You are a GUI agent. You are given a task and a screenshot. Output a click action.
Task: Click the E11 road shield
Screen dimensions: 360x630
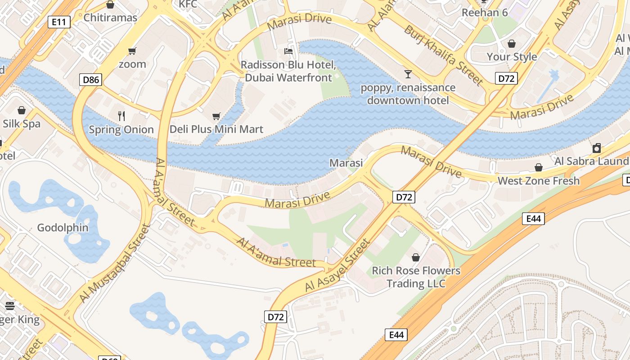59,22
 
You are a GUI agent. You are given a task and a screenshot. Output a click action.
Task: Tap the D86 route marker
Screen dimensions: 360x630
91,80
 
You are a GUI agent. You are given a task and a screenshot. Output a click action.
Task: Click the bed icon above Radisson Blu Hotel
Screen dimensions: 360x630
288,51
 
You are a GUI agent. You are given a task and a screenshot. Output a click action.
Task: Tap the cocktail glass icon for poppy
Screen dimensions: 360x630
408,74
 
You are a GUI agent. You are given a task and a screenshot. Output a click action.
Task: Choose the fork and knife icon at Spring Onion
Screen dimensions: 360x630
121,116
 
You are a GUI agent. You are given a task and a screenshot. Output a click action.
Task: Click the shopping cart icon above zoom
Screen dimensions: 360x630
132,51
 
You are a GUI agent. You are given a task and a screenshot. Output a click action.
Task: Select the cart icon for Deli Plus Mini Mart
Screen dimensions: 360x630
216,116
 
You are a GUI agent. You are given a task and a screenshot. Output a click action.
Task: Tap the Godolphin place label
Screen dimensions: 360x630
63,228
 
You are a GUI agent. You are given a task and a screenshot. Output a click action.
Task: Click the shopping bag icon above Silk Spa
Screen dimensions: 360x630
22,110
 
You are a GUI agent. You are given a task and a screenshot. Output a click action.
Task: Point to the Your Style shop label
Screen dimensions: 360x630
512,57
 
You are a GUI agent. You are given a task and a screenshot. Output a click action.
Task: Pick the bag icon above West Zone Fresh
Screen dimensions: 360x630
538,168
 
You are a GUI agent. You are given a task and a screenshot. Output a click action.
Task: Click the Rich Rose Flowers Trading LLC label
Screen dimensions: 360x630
416,277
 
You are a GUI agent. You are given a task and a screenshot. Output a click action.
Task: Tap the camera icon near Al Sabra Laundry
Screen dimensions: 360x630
597,148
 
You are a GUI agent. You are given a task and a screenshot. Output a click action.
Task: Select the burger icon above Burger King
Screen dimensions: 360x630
10,306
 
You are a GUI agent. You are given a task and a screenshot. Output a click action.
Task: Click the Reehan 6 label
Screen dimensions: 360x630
485,13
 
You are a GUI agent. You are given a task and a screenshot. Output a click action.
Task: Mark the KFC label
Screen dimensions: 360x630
188,4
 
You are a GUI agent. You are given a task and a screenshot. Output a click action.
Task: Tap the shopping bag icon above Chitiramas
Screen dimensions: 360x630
110,5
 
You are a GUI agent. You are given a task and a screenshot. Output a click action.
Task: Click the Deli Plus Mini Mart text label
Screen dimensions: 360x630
216,130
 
